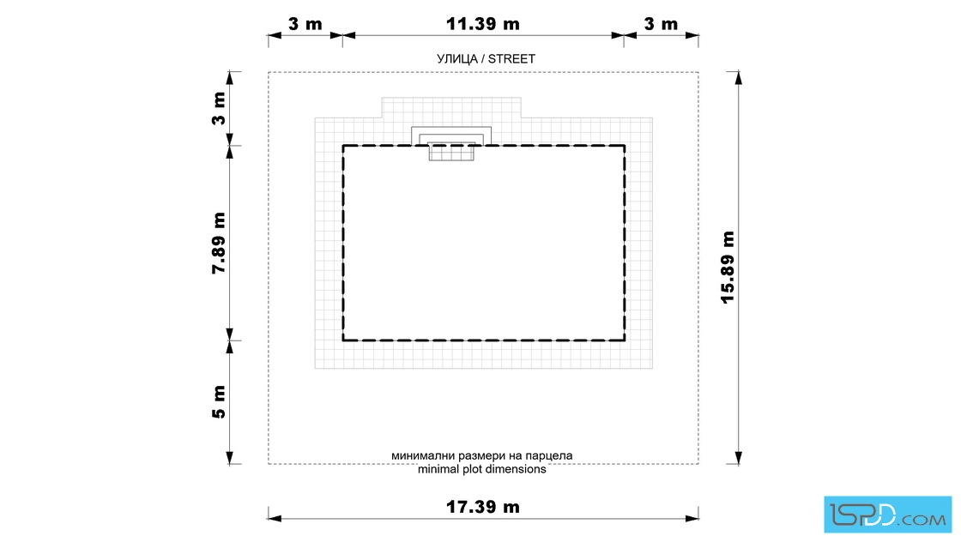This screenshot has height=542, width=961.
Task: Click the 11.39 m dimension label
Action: click(x=482, y=24)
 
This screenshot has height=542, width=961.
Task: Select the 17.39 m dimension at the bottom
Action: click(x=482, y=507)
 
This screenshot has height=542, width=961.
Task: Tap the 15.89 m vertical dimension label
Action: click(x=728, y=267)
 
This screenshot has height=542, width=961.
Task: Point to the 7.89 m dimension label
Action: click(x=219, y=244)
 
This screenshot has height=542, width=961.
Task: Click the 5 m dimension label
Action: click(x=219, y=402)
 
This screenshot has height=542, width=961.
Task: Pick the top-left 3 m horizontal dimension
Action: click(x=305, y=24)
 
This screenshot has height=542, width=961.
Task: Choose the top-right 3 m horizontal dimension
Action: click(x=661, y=24)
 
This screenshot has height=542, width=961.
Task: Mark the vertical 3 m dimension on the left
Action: click(x=219, y=108)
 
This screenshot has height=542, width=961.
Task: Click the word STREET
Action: click(x=511, y=59)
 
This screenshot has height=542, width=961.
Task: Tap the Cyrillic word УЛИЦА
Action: click(x=457, y=59)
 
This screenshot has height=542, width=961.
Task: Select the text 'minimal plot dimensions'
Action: click(x=481, y=469)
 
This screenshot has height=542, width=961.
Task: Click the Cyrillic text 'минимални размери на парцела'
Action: click(x=481, y=455)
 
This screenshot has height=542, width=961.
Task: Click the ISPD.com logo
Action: click(x=887, y=515)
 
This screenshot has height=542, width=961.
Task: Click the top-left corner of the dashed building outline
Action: click(x=342, y=145)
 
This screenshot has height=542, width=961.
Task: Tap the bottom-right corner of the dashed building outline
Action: click(x=625, y=340)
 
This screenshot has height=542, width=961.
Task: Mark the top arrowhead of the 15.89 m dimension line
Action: click(x=739, y=78)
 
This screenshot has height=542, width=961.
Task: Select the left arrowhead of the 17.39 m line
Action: click(x=275, y=519)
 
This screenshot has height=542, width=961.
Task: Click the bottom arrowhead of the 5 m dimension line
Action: click(x=230, y=457)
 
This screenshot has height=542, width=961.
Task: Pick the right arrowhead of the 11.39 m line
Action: click(x=618, y=35)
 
